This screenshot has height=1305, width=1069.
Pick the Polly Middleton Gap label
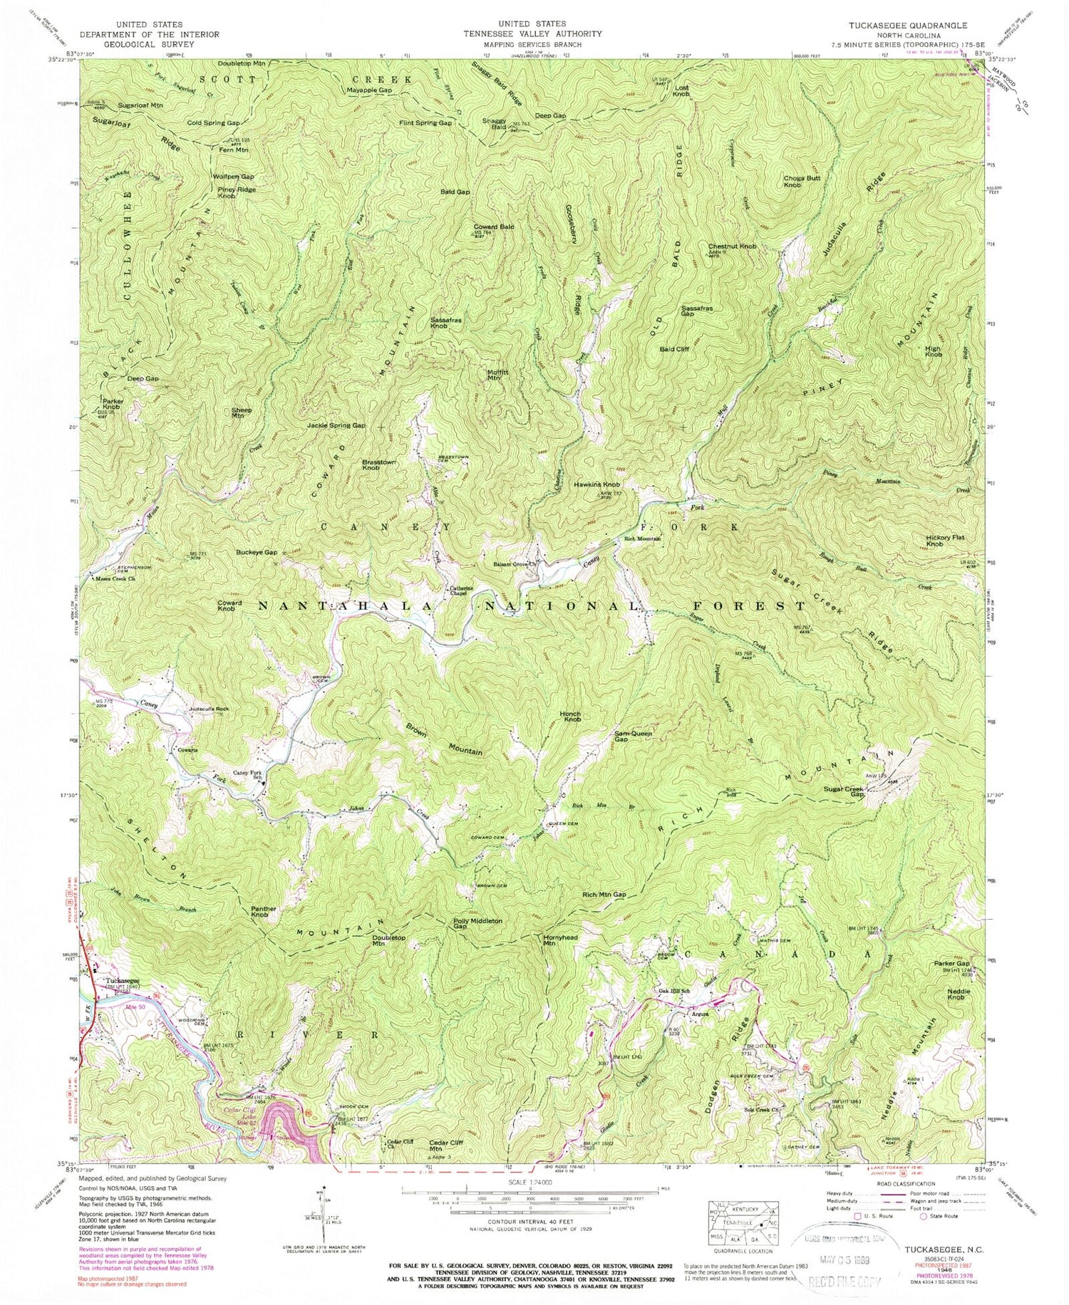tap(477, 924)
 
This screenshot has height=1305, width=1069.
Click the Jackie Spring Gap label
tap(336, 425)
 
